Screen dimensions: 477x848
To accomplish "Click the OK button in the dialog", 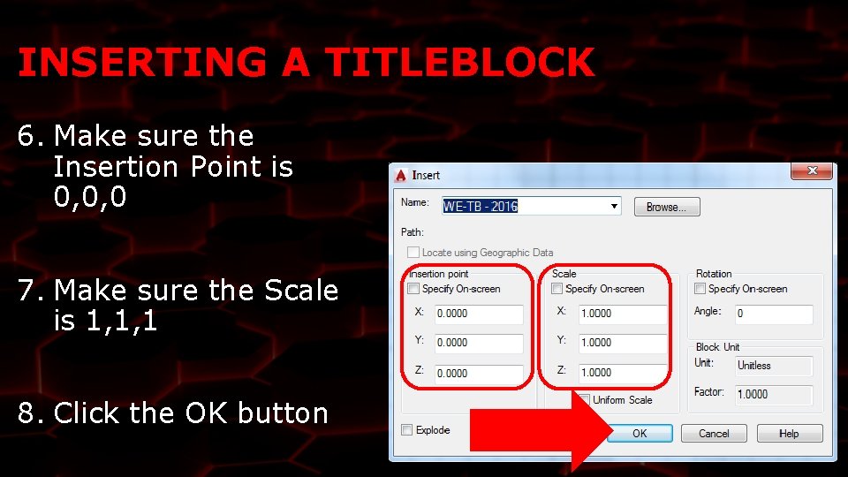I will (x=640, y=434).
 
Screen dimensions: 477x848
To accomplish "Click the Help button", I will (x=789, y=434).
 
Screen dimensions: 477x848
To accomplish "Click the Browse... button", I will (x=666, y=207).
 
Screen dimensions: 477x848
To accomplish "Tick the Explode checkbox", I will (x=407, y=430).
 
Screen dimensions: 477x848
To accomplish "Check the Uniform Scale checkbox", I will (x=584, y=400).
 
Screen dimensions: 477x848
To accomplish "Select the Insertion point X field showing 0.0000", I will (x=478, y=314).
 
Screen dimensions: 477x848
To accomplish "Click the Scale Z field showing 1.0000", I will (x=622, y=373).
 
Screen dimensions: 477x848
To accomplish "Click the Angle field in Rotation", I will (x=773, y=314).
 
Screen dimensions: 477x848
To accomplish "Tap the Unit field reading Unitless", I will (x=773, y=366).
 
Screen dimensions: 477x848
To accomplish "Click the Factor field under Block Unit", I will (x=773, y=394).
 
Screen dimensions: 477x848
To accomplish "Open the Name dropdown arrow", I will (x=614, y=207).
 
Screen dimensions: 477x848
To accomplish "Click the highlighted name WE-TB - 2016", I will (x=481, y=207).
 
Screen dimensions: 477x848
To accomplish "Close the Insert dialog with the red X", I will (x=810, y=171).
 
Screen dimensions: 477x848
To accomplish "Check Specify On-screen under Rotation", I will (x=700, y=289).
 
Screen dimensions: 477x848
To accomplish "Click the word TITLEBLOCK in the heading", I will (x=458, y=63).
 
